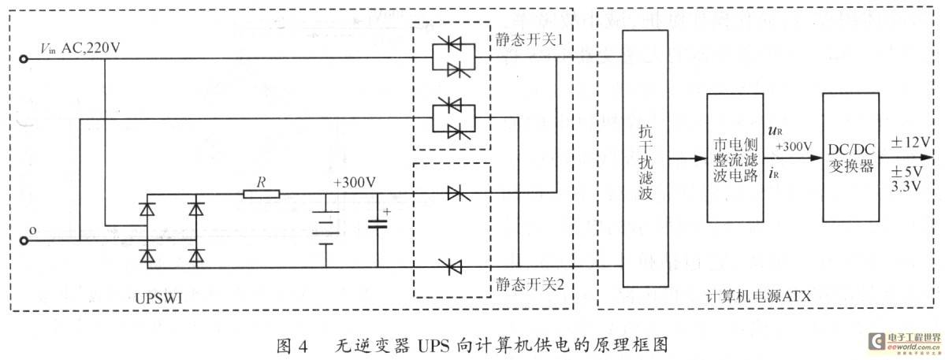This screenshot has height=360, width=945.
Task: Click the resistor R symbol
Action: (x=262, y=194)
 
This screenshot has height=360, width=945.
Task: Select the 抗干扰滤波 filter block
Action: (x=646, y=158)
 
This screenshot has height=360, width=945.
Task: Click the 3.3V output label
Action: (x=906, y=187)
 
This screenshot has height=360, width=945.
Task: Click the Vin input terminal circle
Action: (x=24, y=59)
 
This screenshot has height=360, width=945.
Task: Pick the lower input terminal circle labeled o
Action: (x=24, y=241)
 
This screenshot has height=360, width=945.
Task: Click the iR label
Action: (x=775, y=175)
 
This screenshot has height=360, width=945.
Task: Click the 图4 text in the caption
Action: (x=292, y=346)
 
